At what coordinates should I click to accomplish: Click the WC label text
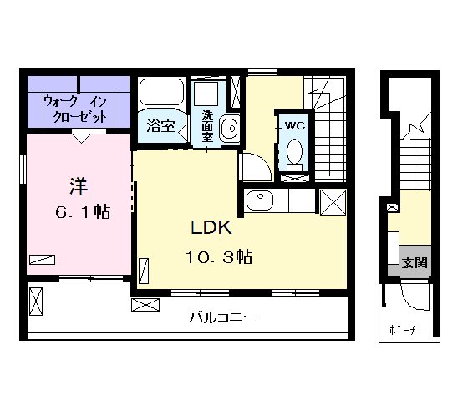click(x=295, y=125)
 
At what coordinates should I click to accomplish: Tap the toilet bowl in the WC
click(x=294, y=152)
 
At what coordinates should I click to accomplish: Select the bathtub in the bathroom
click(x=161, y=92)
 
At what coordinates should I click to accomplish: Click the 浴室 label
click(x=160, y=126)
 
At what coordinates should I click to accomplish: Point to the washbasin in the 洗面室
click(x=230, y=129)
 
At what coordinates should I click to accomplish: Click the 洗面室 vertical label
click(x=207, y=126)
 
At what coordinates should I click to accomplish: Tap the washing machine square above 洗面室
click(x=206, y=94)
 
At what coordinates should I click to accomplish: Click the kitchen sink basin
click(x=260, y=200)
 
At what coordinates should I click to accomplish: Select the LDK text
click(x=211, y=228)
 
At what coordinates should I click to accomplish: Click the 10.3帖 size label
click(x=219, y=257)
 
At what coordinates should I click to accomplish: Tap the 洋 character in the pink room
click(x=79, y=185)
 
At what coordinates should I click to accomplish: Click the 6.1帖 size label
click(x=83, y=212)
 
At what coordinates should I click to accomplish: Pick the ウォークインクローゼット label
click(x=75, y=109)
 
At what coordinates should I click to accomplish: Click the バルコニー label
click(x=223, y=317)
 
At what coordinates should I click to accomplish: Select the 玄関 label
click(x=415, y=262)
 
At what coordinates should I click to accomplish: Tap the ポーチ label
click(x=403, y=330)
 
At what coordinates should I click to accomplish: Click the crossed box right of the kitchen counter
click(x=333, y=202)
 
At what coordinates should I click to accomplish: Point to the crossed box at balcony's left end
click(x=36, y=302)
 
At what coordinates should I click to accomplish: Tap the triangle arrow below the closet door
click(x=81, y=139)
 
